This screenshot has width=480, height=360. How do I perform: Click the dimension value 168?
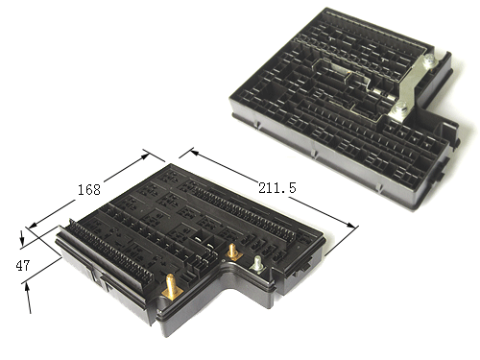coord(89,189)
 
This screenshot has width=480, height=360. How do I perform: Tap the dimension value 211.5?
coord(277,188)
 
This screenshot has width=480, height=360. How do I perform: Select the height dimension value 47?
coord(23,265)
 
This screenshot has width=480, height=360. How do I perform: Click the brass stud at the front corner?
coord(172,286)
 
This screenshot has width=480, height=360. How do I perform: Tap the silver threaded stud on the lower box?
coord(258,264)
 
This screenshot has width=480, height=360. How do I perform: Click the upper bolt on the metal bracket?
coord(428,60)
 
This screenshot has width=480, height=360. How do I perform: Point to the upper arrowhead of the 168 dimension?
coord(145,156)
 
